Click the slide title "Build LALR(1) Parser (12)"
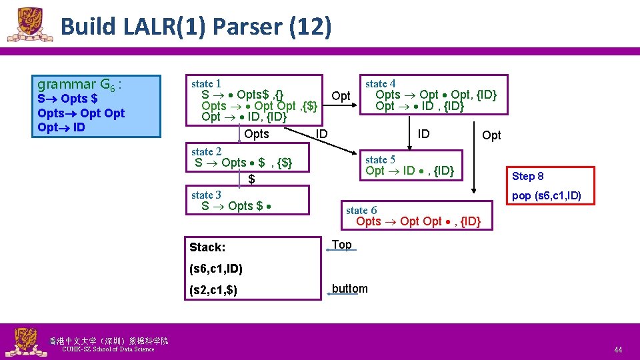pyautogui.click(x=195, y=27)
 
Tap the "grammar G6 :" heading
pyautogui.click(x=79, y=85)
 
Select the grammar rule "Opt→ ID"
pyautogui.click(x=61, y=127)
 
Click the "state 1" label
pyautogui.click(x=206, y=84)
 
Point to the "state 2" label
pyautogui.click(x=206, y=152)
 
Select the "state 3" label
pyautogui.click(x=206, y=195)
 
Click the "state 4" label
pyautogui.click(x=380, y=84)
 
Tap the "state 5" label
pyautogui.click(x=380, y=159)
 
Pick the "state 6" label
pyautogui.click(x=361, y=210)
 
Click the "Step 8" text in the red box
pyautogui.click(x=527, y=176)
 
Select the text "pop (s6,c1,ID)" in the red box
pyautogui.click(x=546, y=195)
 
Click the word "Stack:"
pyautogui.click(x=207, y=247)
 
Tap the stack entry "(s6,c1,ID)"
pyautogui.click(x=216, y=269)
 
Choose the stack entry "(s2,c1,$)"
pyautogui.click(x=213, y=291)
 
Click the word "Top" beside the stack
pyautogui.click(x=341, y=245)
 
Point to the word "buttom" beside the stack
pyautogui.click(x=349, y=289)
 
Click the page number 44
pyautogui.click(x=618, y=349)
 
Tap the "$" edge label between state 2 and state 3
pyautogui.click(x=251, y=179)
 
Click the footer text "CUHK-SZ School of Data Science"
pyautogui.click(x=107, y=349)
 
